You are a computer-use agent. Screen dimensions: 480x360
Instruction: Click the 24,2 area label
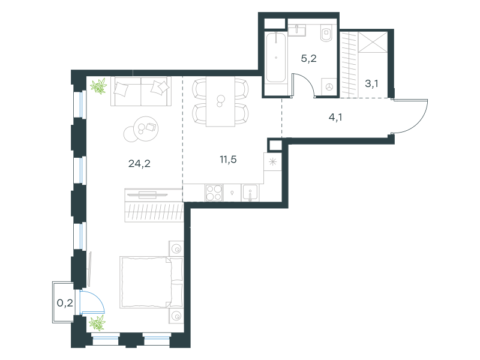pyautogui.click(x=139, y=164)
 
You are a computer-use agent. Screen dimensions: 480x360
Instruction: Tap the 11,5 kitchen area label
pyautogui.click(x=228, y=160)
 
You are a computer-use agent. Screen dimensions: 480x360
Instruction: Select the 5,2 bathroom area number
pyautogui.click(x=308, y=58)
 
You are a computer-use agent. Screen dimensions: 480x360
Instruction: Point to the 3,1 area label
pyautogui.click(x=371, y=83)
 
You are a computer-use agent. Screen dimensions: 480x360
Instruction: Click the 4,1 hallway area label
pyautogui.click(x=335, y=117)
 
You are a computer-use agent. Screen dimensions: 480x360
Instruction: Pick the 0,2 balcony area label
pyautogui.click(x=65, y=303)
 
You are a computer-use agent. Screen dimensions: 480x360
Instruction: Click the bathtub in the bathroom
pyautogui.click(x=276, y=58)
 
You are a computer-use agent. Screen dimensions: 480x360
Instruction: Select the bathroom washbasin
pyautogui.click(x=297, y=30)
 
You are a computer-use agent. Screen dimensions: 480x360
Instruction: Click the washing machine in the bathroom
pyautogui.click(x=329, y=87)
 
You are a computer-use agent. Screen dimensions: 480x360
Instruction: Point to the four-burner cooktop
pyautogui.click(x=214, y=193)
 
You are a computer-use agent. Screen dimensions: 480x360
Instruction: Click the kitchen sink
pyautogui.click(x=250, y=193)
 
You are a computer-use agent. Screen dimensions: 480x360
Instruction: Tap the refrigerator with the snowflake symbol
pyautogui.click(x=272, y=161)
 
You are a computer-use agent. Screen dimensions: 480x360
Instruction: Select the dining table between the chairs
pyautogui.click(x=220, y=101)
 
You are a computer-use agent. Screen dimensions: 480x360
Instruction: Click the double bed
pyautogui.click(x=152, y=282)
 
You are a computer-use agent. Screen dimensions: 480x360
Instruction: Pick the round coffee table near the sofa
pyautogui.click(x=146, y=128)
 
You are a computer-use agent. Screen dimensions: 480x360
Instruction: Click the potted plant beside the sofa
pyautogui.click(x=98, y=86)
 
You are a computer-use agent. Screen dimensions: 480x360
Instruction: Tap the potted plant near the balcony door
pyautogui.click(x=97, y=323)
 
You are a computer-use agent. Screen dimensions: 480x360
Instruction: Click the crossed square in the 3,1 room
pyautogui.click(x=373, y=42)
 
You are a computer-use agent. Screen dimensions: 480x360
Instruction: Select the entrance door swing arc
pyautogui.click(x=420, y=122)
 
